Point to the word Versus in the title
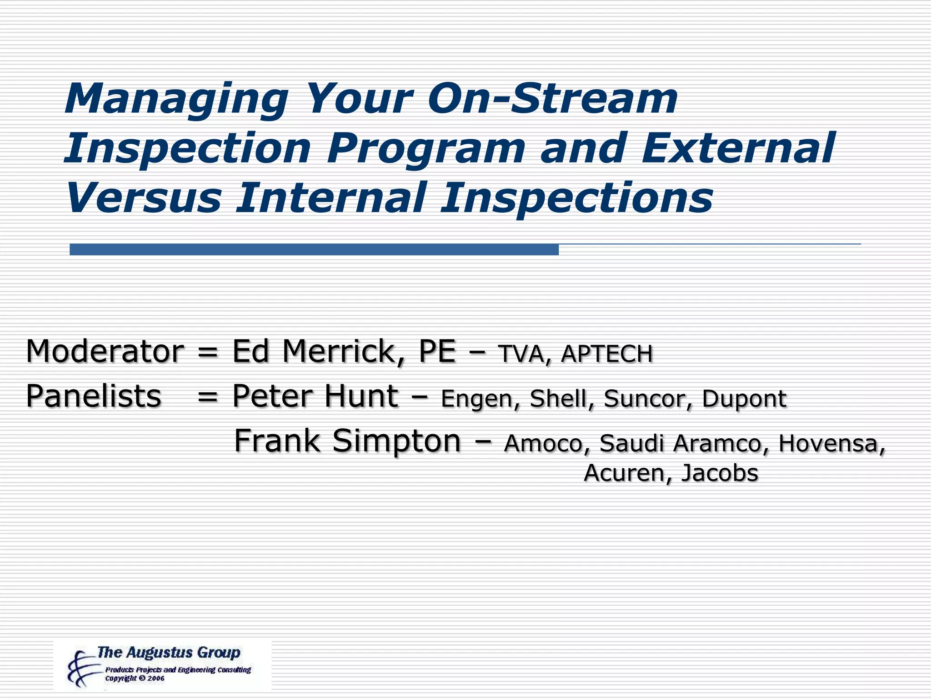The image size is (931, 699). pos(143,198)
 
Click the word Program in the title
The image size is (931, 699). pos(425,149)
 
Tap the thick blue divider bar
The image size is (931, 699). pos(314,249)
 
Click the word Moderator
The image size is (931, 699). pos(105,351)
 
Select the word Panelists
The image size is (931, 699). pos(94,396)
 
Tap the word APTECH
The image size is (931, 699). pos(607,354)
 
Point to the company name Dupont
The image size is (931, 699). pos(744,399)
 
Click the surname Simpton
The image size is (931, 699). pos(396,441)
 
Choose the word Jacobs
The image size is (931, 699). pos(720,473)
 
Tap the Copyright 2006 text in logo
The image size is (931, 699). pos(135,679)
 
